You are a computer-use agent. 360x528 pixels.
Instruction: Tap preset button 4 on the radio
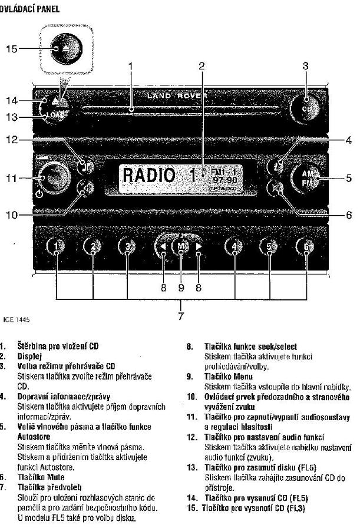(235, 246)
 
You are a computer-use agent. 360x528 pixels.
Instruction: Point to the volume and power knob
(52, 177)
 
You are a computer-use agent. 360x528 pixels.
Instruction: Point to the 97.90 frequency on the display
(224, 179)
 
